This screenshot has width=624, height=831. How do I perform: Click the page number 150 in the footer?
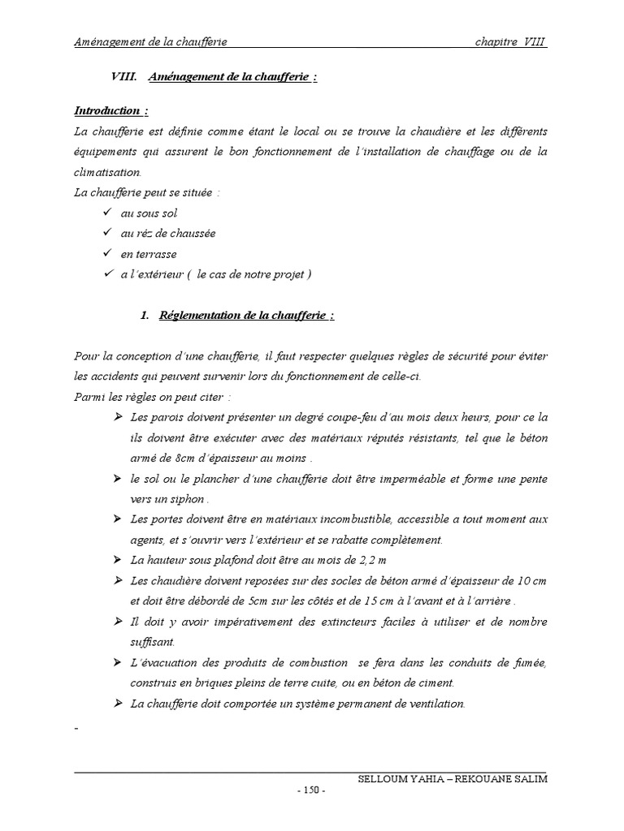(x=311, y=791)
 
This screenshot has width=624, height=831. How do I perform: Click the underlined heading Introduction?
(x=106, y=110)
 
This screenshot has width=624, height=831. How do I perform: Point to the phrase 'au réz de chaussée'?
(x=168, y=233)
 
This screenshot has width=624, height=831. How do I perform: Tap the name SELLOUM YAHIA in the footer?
(x=397, y=779)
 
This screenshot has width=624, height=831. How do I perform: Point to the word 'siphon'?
(x=186, y=498)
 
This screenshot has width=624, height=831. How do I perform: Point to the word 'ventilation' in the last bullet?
(x=436, y=703)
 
